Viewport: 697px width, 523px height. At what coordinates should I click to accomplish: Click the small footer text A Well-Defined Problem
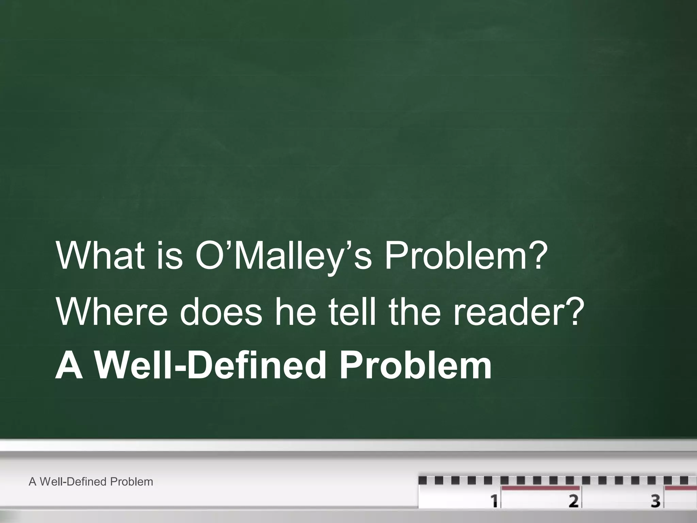(x=91, y=482)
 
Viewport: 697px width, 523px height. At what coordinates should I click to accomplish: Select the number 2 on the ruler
(x=573, y=501)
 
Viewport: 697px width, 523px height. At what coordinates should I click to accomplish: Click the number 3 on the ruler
(x=655, y=501)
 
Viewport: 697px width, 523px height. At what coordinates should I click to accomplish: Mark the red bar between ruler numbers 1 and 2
(x=540, y=488)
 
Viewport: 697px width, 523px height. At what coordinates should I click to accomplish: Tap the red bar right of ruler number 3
(x=681, y=488)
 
